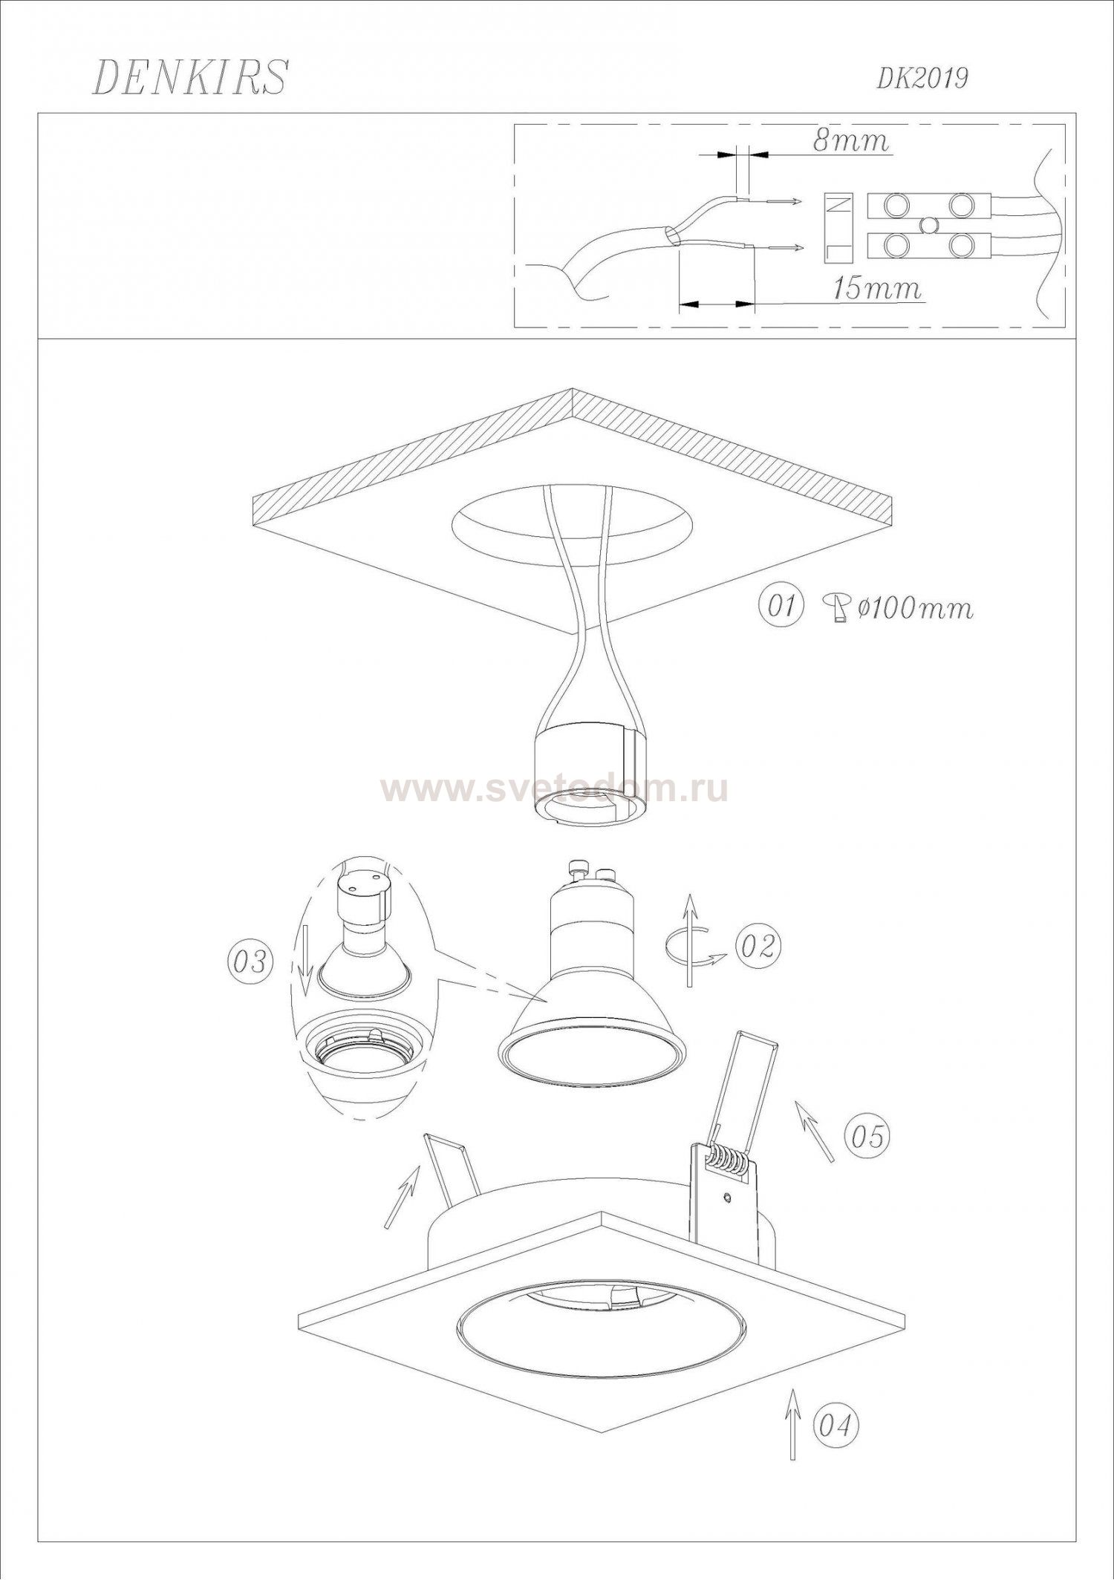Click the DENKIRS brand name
(189, 77)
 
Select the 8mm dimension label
(850, 141)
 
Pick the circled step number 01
(780, 606)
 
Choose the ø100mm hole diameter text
(914, 607)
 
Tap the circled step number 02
(758, 945)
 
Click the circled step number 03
(249, 962)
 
